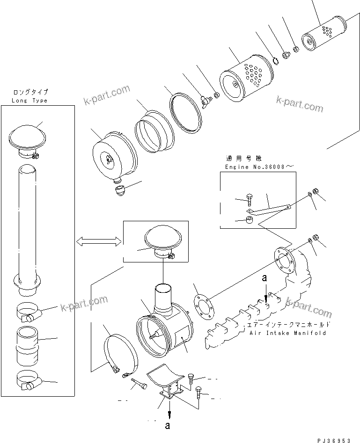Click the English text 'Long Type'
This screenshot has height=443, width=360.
tap(30, 101)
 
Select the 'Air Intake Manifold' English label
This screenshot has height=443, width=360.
tap(287, 333)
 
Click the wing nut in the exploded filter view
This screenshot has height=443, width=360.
tap(205, 101)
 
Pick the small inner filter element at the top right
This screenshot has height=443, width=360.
tap(323, 39)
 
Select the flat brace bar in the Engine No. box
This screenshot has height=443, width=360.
tap(269, 205)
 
